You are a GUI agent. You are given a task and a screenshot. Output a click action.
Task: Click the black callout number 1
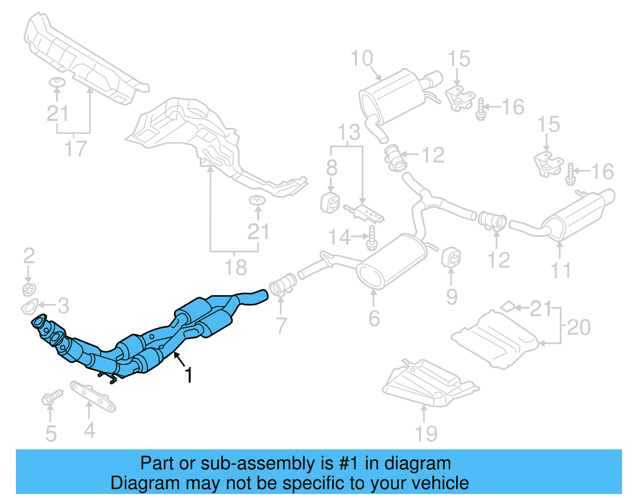tap(189, 375)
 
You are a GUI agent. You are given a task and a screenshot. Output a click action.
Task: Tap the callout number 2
tap(29, 256)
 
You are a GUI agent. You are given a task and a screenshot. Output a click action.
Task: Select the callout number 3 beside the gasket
tap(63, 306)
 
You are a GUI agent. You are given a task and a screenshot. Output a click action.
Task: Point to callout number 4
tap(90, 430)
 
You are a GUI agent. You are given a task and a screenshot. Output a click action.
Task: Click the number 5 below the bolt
tap(51, 433)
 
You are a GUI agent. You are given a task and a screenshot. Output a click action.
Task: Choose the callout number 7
tap(282, 325)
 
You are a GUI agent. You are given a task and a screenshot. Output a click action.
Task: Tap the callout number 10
tap(362, 59)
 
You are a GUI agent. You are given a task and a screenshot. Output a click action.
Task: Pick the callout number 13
tap(349, 132)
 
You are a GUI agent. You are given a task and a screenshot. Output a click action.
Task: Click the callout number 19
tap(426, 433)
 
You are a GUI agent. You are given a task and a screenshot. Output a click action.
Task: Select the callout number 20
tap(578, 327)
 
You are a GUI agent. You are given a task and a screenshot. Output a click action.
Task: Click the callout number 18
tap(236, 267)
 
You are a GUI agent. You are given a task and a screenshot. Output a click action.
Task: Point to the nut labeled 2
tap(28, 289)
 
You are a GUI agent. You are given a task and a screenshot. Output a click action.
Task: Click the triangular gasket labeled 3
tap(29, 308)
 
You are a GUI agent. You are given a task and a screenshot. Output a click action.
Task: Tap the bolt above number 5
tap(51, 397)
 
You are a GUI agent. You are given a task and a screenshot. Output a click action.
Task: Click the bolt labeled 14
tap(372, 238)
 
